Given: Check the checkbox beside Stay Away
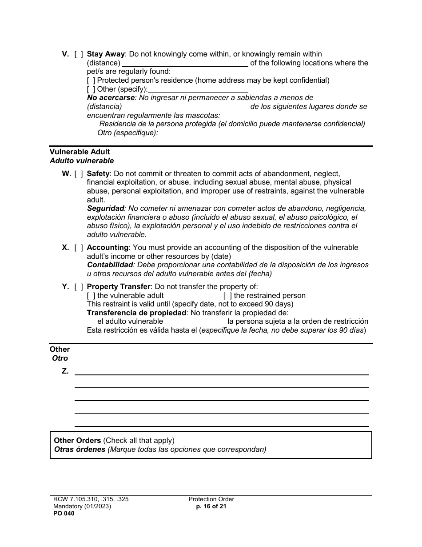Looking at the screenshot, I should tap(79, 54).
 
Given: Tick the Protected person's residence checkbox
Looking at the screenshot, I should tap(91, 80).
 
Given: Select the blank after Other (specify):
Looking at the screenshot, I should tap(198, 89).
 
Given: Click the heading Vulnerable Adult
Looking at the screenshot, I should tap(80, 152).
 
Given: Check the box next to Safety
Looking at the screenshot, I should tap(79, 174).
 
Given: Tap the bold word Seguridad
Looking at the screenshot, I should tap(105, 209).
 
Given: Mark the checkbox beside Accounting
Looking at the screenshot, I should tap(79, 248).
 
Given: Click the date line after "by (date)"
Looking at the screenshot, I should tap(301, 257).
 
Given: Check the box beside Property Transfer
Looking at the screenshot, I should tap(79, 287).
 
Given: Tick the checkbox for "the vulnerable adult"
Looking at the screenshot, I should tap(91, 296).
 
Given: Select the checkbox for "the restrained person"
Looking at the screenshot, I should tap(227, 296).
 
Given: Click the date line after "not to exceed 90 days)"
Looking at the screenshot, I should tap(332, 304).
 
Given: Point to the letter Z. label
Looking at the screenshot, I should tap(65, 371).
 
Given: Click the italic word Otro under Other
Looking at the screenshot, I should tap(60, 358).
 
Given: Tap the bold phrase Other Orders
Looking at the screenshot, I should tap(77, 441).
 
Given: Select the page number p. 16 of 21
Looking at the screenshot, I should tap(211, 507).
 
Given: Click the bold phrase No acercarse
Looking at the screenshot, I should tap(111, 98).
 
